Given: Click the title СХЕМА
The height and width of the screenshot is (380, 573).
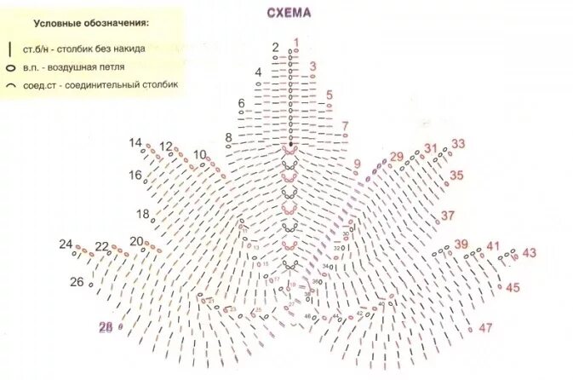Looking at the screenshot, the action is click(x=289, y=14).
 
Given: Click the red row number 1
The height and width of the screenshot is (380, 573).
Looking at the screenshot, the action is click(x=296, y=41).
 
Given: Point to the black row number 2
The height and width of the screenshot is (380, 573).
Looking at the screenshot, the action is click(x=276, y=47).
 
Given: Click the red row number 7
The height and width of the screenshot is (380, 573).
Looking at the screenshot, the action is click(x=345, y=126).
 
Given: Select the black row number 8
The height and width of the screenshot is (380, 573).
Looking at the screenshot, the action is click(x=228, y=137).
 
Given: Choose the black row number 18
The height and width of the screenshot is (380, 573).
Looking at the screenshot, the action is click(x=142, y=214).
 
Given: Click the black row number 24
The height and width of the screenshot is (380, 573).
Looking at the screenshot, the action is click(x=66, y=245).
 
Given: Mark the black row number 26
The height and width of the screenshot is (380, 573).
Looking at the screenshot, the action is click(x=77, y=282).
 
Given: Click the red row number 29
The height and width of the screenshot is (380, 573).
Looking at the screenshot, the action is click(x=396, y=157).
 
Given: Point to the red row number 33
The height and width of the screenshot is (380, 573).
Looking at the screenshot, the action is click(x=458, y=144).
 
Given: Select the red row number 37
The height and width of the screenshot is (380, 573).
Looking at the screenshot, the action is click(x=448, y=215).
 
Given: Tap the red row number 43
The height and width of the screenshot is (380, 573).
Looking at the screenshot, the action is click(x=529, y=253).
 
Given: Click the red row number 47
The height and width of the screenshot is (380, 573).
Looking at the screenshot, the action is click(x=486, y=328).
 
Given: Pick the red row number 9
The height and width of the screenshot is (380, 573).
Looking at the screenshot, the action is click(x=357, y=164).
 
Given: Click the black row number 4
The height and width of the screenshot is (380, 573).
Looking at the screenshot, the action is click(x=258, y=72).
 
